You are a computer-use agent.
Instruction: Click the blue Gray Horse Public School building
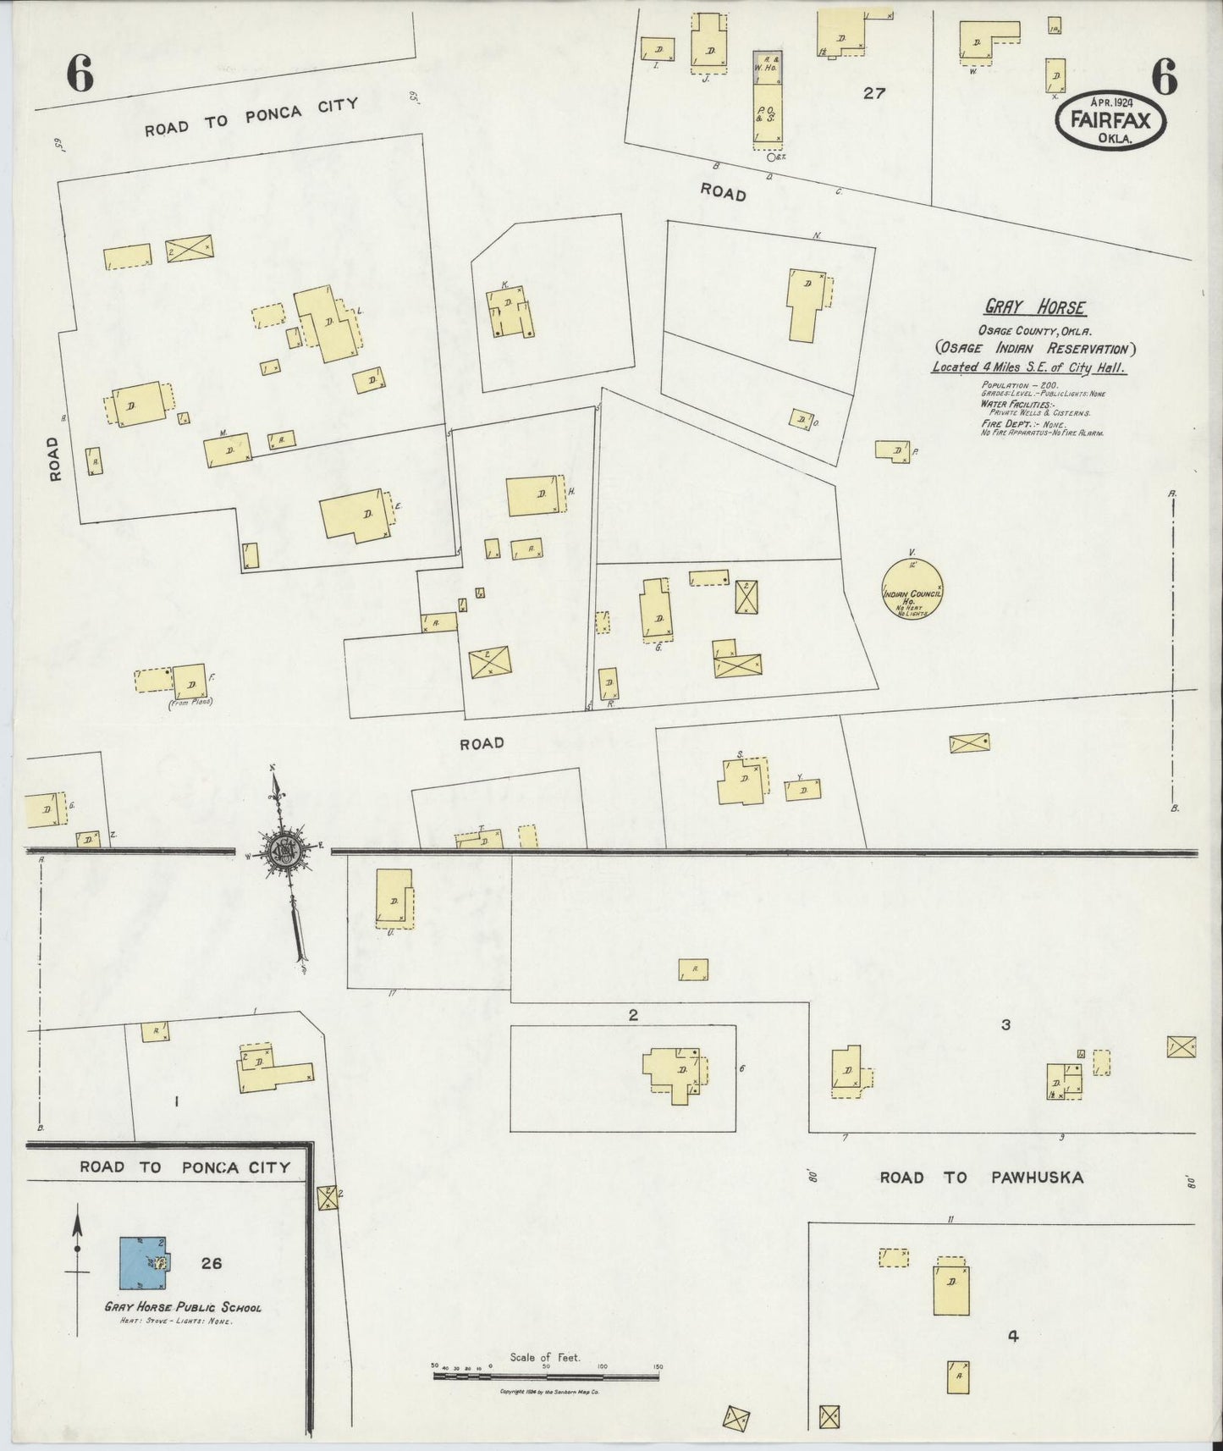pyautogui.click(x=142, y=1263)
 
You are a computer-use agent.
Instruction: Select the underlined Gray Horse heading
pyautogui.click(x=1035, y=308)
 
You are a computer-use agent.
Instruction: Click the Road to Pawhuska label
pyautogui.click(x=981, y=1177)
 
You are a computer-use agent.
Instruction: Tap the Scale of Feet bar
pyautogui.click(x=546, y=1377)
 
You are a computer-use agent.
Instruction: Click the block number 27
pyautogui.click(x=873, y=93)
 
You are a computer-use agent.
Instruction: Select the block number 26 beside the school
pyautogui.click(x=212, y=1263)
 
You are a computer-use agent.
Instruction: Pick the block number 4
pyautogui.click(x=1012, y=1337)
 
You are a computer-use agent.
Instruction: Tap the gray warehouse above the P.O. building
pyautogui.click(x=768, y=66)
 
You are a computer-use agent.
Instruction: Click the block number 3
pyautogui.click(x=1005, y=1025)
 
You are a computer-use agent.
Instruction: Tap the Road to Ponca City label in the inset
pyautogui.click(x=185, y=1167)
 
